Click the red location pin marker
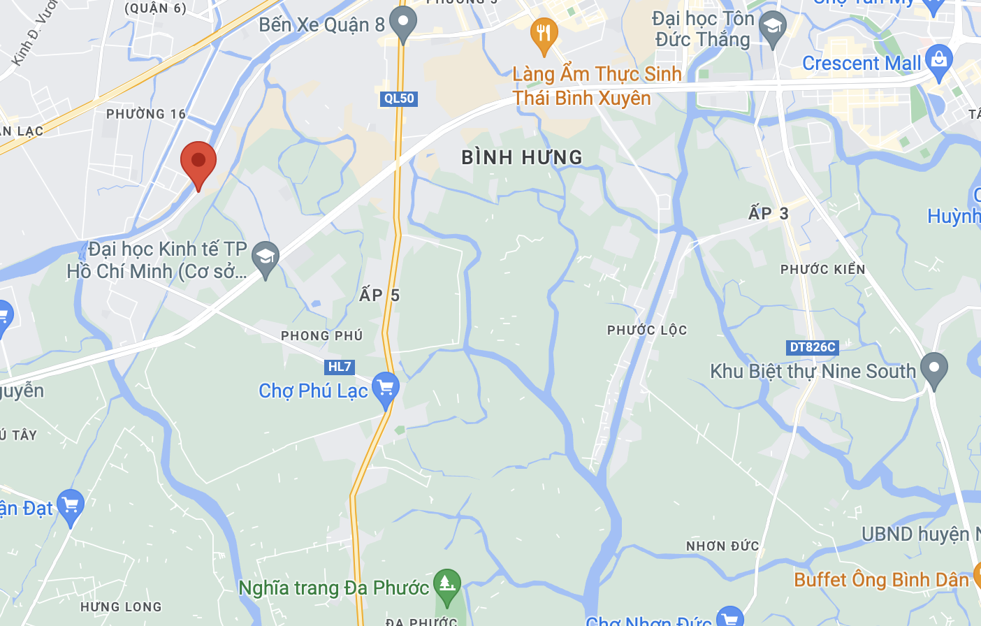pyautogui.click(x=198, y=162)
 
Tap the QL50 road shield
pyautogui.click(x=399, y=99)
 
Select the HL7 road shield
pyautogui.click(x=340, y=367)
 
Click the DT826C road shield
pyautogui.click(x=812, y=347)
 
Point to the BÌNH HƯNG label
pyautogui.click(x=522, y=157)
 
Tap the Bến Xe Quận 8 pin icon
pyautogui.click(x=402, y=22)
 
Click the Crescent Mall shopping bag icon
pyautogui.click(x=938, y=61)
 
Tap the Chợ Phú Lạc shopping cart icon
pyautogui.click(x=385, y=388)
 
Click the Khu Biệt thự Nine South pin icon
pyautogui.click(x=933, y=370)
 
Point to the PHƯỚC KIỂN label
pyautogui.click(x=822, y=270)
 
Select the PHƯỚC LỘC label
pyautogui.click(x=647, y=330)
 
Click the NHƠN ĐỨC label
pyautogui.click(x=722, y=546)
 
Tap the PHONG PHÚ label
pyautogui.click(x=322, y=336)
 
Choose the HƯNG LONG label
pyautogui.click(x=121, y=607)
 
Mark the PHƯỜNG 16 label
pyautogui.click(x=146, y=114)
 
